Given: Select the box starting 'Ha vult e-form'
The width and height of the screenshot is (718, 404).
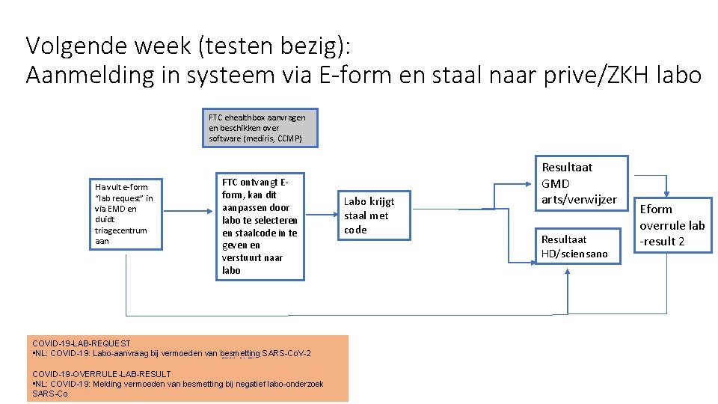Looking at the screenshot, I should pyautogui.click(x=124, y=214).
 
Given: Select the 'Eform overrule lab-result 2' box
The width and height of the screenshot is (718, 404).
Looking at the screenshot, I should pyautogui.click(x=671, y=224).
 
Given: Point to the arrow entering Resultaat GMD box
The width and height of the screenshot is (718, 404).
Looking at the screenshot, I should pyautogui.click(x=524, y=183).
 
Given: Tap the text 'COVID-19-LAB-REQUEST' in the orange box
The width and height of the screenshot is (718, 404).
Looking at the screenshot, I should pyautogui.click(x=82, y=343).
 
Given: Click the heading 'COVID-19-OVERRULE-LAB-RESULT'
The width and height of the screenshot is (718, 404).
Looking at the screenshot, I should pyautogui.click(x=102, y=373).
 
